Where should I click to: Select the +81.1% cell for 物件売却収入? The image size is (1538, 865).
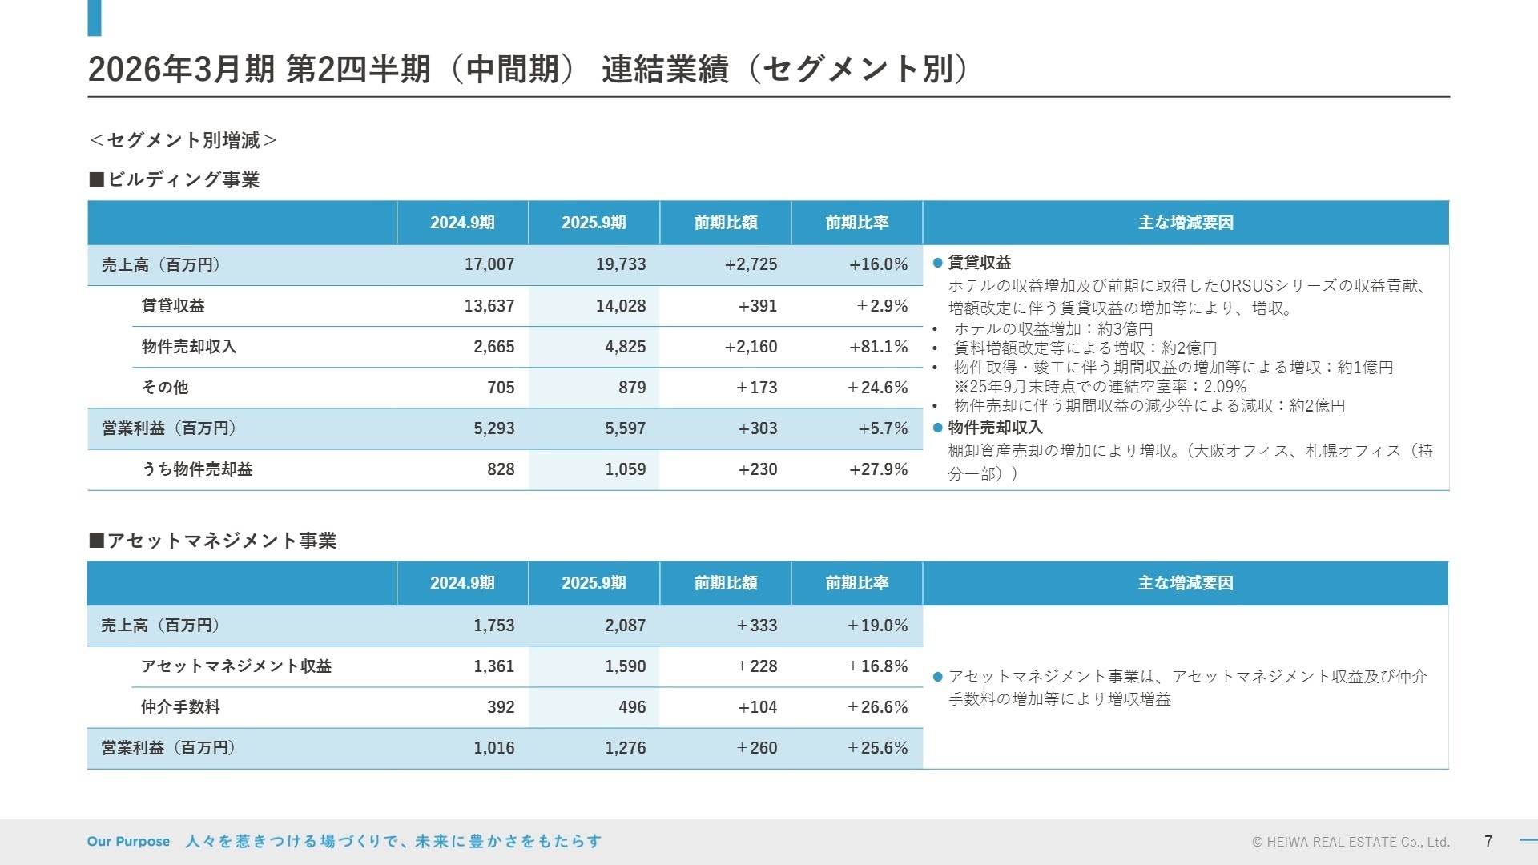point(878,347)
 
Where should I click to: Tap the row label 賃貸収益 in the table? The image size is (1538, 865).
point(172,306)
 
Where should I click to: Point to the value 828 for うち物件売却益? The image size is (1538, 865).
point(501,469)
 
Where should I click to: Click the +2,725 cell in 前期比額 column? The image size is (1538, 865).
point(751,264)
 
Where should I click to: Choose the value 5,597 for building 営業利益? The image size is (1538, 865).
point(625,428)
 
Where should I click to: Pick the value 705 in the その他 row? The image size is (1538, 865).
point(501,388)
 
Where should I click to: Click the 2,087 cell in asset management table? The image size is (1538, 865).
point(625,626)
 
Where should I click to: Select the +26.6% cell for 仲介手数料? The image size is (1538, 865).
point(878,707)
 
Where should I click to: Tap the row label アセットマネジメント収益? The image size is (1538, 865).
point(236,666)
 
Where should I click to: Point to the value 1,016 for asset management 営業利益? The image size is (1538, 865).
point(493,748)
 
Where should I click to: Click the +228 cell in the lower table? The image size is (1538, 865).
point(757,666)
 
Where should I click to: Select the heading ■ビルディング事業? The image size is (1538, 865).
point(174,179)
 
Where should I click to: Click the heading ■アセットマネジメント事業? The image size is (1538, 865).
point(212,541)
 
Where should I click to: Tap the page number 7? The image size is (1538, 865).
point(1488,842)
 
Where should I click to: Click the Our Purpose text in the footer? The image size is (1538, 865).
point(128,842)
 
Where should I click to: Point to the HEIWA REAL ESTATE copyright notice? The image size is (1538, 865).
point(1351,843)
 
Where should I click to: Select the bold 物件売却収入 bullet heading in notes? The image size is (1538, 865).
point(995,428)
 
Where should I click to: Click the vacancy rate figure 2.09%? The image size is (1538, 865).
point(1225,387)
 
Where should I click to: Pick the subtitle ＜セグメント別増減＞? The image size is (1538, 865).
point(183,141)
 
